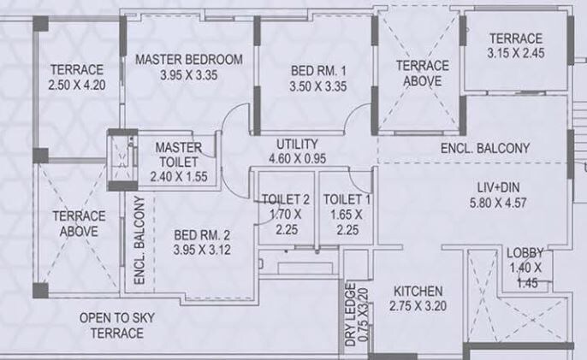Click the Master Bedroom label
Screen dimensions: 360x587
coord(189,60)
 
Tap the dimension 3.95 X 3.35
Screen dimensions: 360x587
coord(189,75)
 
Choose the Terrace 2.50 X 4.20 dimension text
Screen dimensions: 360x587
coord(76,85)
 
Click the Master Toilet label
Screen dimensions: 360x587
coord(179,154)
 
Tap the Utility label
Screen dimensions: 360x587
coord(297,144)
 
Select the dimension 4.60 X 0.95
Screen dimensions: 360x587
coord(297,158)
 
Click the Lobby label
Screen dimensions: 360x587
coord(524,253)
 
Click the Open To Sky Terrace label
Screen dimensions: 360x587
coord(112,325)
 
